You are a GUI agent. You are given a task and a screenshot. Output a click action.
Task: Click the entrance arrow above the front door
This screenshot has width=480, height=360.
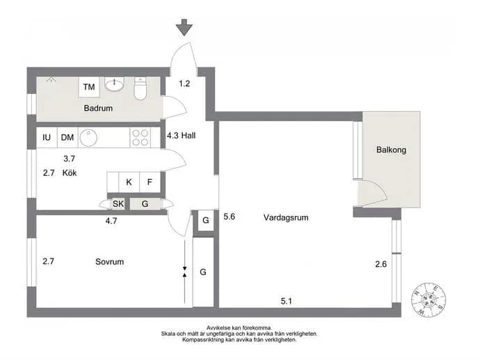pos(184,27)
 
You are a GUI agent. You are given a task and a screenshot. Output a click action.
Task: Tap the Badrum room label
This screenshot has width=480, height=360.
pos(98,108)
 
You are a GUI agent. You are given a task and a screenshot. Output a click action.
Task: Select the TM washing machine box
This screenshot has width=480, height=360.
pos(89,87)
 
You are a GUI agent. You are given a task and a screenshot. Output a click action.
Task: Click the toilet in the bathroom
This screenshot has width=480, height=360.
pos(141,88)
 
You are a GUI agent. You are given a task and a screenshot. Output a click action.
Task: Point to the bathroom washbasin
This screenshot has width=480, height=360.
pos(115,83)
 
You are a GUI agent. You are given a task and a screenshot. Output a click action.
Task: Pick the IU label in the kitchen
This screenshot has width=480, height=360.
pos(47,138)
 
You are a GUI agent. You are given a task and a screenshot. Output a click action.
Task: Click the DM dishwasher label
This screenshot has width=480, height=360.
pos(67,138)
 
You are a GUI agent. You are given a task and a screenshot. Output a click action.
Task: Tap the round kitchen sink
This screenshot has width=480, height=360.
pos(88,138)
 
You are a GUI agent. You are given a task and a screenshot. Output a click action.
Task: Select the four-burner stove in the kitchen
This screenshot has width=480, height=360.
pos(141,138)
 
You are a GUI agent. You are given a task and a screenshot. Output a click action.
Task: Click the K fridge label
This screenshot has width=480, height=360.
pos(129,182)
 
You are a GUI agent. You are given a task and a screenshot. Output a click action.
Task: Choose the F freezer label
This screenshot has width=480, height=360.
pos(150,182)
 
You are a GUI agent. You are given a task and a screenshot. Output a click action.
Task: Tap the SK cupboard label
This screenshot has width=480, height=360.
pos(118,204)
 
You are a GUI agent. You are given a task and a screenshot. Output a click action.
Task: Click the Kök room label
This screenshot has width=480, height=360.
pos(70,173)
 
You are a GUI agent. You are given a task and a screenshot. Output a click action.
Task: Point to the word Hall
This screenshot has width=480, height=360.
pos(189,136)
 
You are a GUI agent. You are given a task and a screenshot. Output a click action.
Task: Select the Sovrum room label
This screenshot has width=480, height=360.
pos(110,262)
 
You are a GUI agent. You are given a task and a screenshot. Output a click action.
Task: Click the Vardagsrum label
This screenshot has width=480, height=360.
pos(286,218)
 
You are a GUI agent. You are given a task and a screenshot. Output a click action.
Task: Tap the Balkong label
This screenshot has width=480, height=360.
pos(391,150)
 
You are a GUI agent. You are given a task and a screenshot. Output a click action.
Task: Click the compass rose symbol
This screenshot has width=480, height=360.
pos(429,300)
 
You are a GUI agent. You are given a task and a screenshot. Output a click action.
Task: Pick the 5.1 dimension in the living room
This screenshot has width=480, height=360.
pos(286,302)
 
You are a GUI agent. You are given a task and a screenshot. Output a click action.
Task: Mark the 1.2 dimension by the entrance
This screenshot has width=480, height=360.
pos(184,83)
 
